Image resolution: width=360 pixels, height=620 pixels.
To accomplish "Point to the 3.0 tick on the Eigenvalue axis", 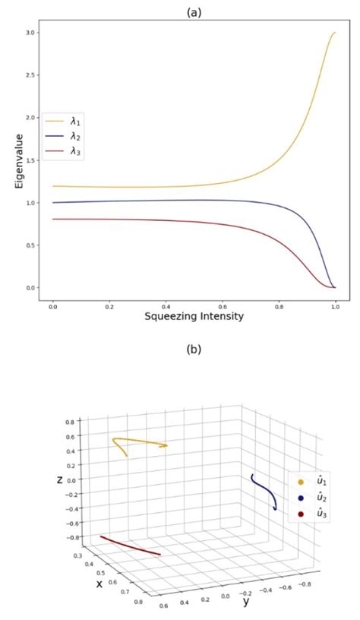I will pyautogui.click(x=30, y=33).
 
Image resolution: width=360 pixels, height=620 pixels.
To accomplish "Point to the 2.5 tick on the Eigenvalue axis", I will pyautogui.click(x=30, y=75).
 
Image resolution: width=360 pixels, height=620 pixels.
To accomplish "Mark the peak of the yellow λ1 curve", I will pyautogui.click(x=334, y=33).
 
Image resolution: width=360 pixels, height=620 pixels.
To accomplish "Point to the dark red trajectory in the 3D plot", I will pyautogui.click(x=129, y=546).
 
